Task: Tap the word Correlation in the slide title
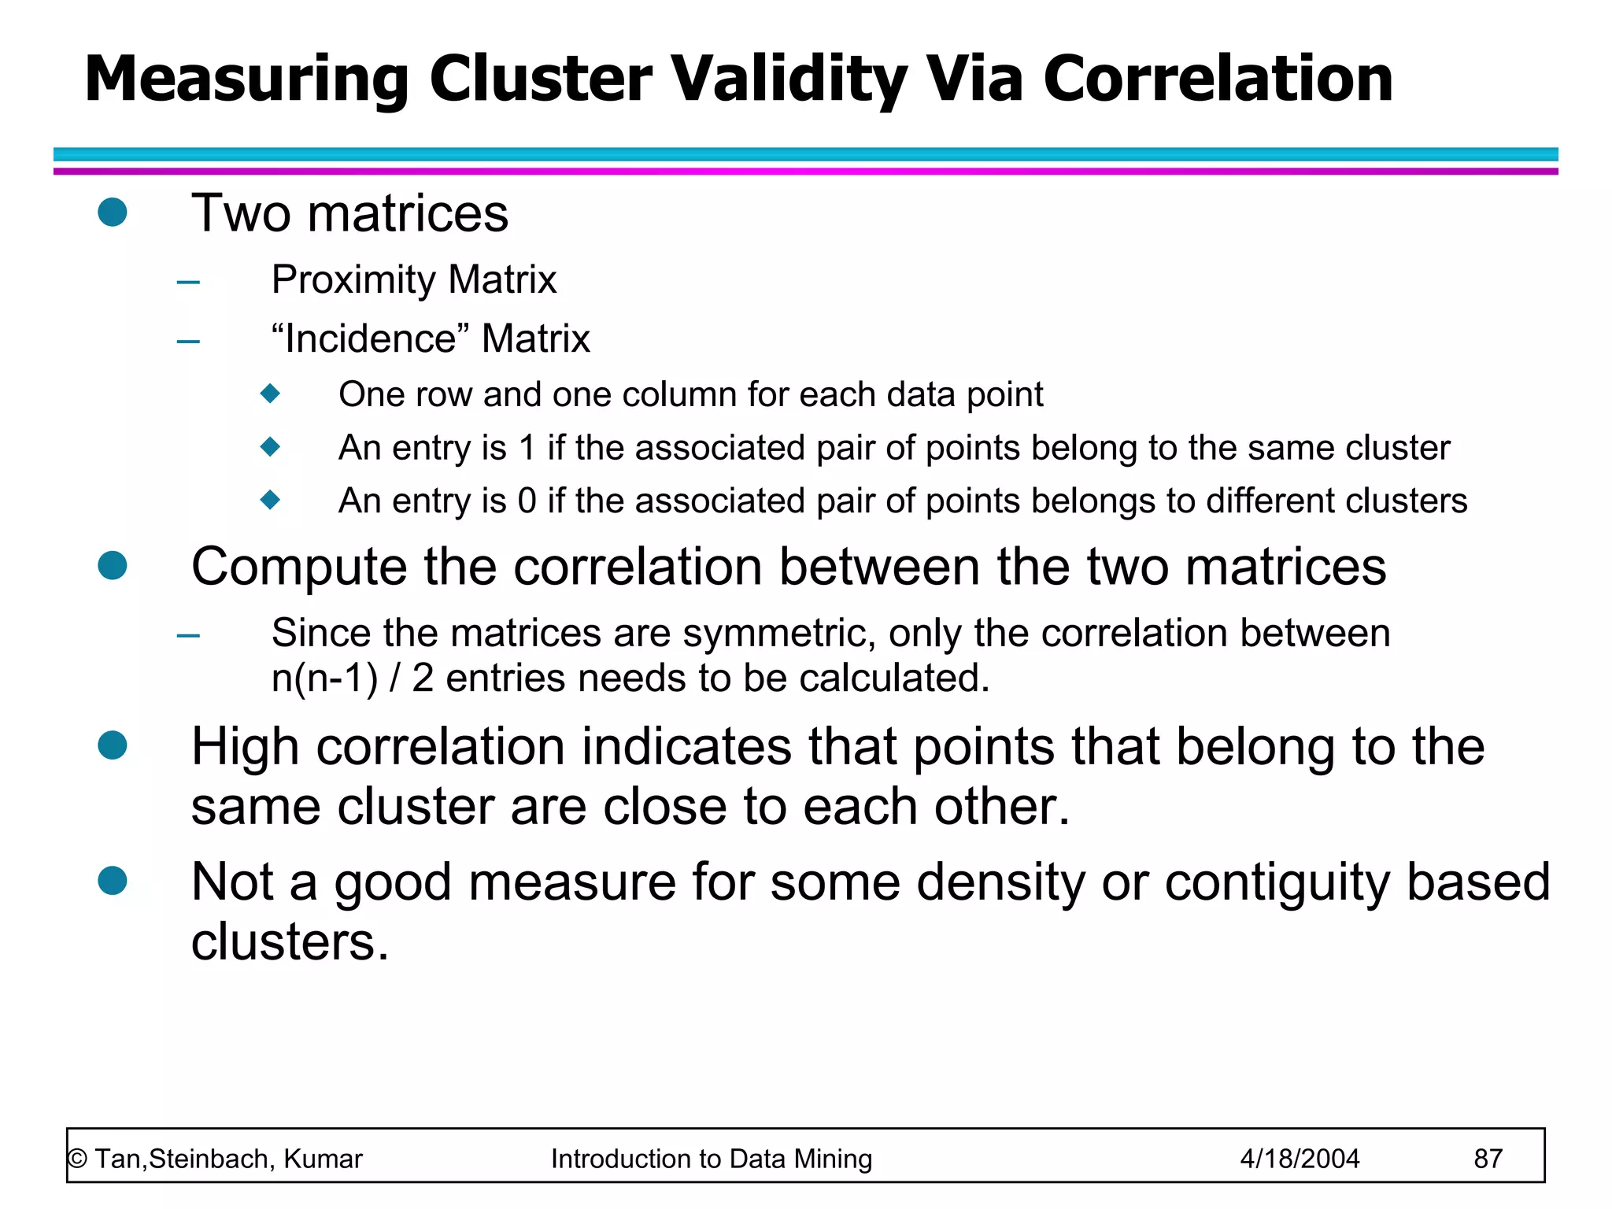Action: point(1218,79)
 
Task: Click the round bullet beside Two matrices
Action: point(113,213)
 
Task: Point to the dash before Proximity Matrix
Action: point(188,282)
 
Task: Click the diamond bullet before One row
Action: point(270,393)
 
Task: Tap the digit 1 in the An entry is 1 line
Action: point(527,448)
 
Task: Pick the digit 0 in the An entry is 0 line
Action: point(527,501)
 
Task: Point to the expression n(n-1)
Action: point(324,678)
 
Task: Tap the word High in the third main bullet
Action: point(245,747)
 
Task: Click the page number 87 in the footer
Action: point(1488,1159)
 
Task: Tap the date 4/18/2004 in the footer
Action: point(1300,1159)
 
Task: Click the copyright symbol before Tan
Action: point(77,1159)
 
